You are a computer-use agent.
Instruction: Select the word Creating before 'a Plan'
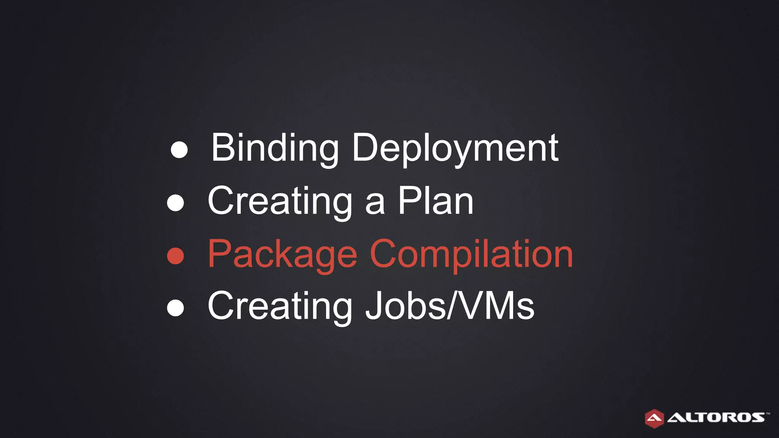(280, 202)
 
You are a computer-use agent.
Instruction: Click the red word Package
(282, 254)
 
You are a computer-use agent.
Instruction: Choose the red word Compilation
(471, 254)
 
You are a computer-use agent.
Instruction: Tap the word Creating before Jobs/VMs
(280, 306)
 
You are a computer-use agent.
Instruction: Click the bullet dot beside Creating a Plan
(175, 203)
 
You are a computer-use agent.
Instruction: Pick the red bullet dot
(175, 256)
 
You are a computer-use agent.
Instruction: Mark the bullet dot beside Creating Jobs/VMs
(175, 308)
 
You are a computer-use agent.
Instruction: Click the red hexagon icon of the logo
(654, 419)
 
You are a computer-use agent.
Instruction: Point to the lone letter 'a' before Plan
(375, 206)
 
